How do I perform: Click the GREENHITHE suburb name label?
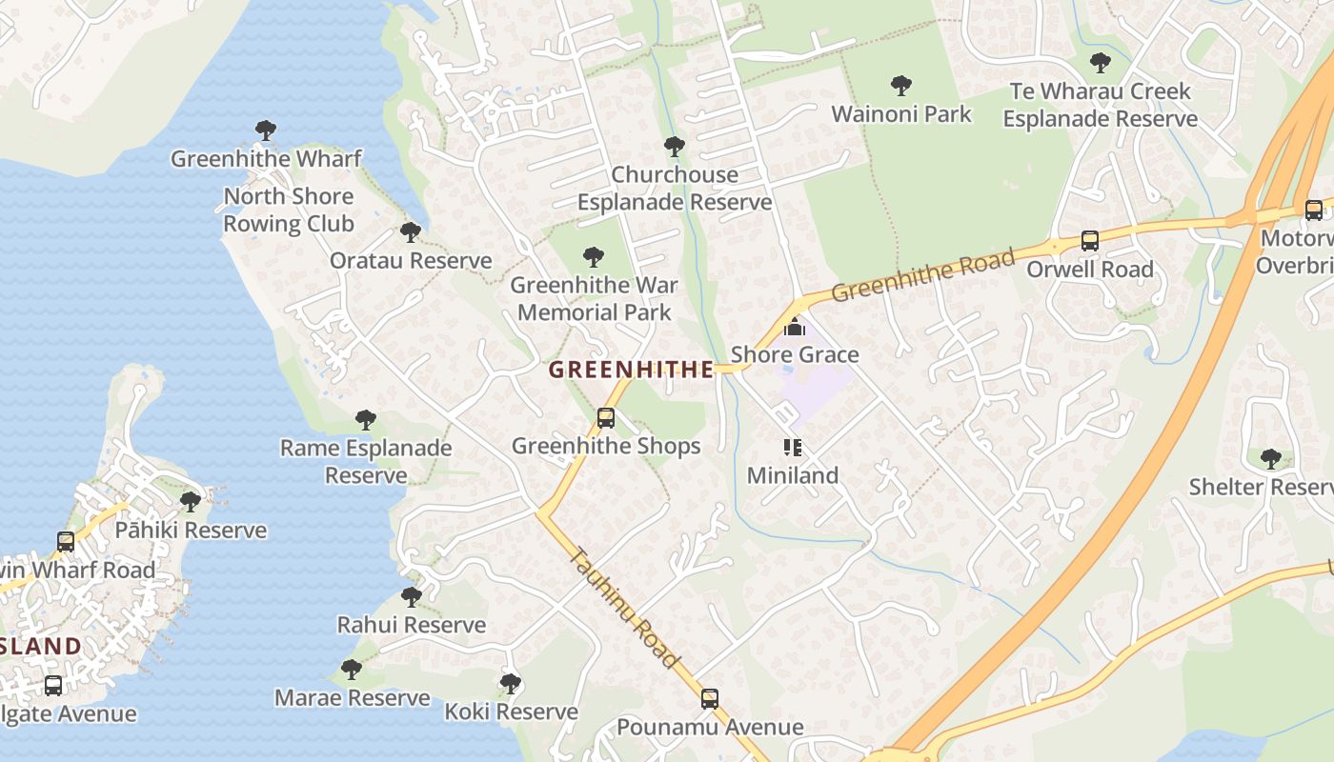(x=631, y=370)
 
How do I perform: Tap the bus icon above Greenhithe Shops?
(x=605, y=418)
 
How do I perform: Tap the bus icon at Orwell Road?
(x=1089, y=242)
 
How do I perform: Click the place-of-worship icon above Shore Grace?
(x=794, y=328)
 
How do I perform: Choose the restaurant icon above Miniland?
(x=792, y=448)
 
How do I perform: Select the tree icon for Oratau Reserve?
(x=411, y=232)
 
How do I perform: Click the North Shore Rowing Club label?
(x=288, y=211)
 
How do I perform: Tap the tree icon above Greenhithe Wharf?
(x=266, y=130)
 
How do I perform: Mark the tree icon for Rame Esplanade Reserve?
(x=365, y=420)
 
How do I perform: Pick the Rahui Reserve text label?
(x=412, y=625)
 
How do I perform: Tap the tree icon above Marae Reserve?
(x=352, y=670)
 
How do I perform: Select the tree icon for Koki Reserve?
(x=511, y=684)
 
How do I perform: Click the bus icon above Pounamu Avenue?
(x=710, y=699)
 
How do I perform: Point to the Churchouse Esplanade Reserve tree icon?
(x=675, y=147)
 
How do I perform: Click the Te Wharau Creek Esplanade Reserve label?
(x=1101, y=106)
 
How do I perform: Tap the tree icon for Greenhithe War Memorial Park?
(x=594, y=257)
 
